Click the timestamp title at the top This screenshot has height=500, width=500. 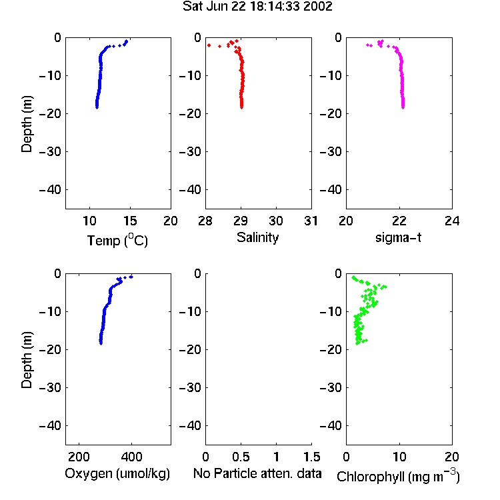coord(257,6)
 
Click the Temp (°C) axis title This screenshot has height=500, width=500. coord(117,240)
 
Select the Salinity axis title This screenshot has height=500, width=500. coord(257,237)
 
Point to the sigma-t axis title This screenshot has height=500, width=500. coord(398,237)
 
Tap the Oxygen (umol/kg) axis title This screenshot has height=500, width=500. coord(117,473)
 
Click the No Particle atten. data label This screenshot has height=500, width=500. coord(257,473)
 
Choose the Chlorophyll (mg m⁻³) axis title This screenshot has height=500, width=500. coord(398,476)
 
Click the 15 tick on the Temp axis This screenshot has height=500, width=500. coord(130,221)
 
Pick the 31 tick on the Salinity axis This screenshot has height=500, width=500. coord(311,221)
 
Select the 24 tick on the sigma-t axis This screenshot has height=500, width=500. coord(452,221)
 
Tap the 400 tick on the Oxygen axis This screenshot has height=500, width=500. coord(131,457)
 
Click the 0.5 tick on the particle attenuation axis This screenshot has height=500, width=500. coord(241,457)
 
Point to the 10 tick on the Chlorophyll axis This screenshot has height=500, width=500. coord(399,457)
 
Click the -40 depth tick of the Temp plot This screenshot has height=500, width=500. coord(50,190)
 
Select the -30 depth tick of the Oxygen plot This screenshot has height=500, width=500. coord(50,387)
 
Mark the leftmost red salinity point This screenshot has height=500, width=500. coord(209,45)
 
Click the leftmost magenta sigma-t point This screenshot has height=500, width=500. coord(367,45)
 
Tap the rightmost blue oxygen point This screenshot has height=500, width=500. coord(131,277)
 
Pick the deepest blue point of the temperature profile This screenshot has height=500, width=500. coord(97,107)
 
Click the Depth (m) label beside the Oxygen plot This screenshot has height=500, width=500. coord(27,360)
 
